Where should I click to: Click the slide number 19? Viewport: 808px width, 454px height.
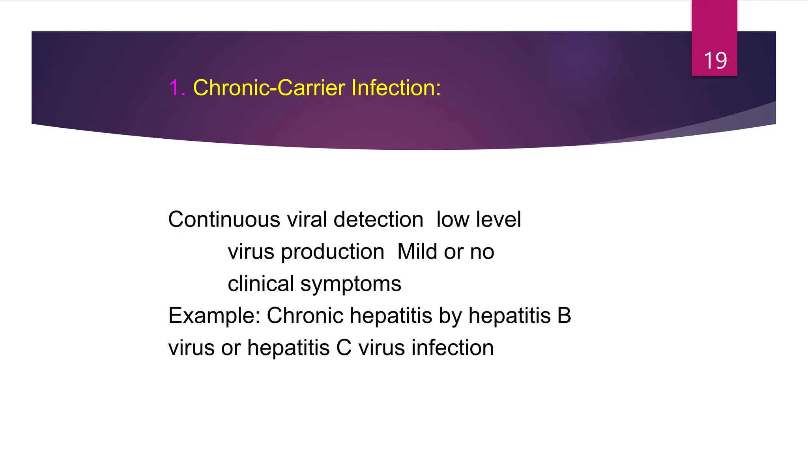pyautogui.click(x=715, y=61)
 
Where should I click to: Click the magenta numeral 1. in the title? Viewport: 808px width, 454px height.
pyautogui.click(x=177, y=87)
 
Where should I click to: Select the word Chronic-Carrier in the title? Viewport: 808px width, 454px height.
pyautogui.click(x=270, y=87)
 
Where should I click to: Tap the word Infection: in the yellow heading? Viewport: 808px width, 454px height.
pyautogui.click(x=396, y=87)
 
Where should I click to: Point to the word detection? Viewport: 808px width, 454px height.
pyautogui.click(x=378, y=220)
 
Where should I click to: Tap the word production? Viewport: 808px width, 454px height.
pyautogui.click(x=332, y=252)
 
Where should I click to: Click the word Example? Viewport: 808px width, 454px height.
pyautogui.click(x=214, y=316)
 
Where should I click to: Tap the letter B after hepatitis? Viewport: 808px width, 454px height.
pyautogui.click(x=564, y=316)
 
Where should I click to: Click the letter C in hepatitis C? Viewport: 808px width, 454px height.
pyautogui.click(x=344, y=348)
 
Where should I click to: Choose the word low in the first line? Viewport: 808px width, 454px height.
pyautogui.click(x=453, y=220)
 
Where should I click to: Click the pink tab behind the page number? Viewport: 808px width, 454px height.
pyautogui.click(x=714, y=24)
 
